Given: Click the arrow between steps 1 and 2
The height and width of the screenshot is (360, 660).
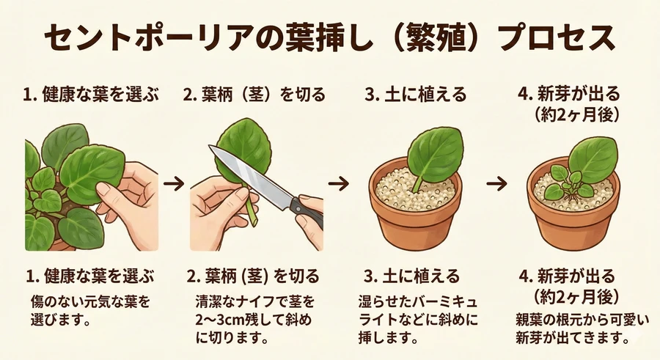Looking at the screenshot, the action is (174, 183).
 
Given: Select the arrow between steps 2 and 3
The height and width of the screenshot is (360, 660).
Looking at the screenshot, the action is (339, 183).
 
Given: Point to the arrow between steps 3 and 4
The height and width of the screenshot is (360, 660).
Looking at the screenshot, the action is (496, 183).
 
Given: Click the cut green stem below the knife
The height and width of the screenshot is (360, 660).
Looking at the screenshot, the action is (252, 213).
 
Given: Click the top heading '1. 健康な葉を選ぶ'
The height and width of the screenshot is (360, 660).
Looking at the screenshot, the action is (91, 95).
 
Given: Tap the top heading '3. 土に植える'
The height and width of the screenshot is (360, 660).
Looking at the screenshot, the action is (416, 95).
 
